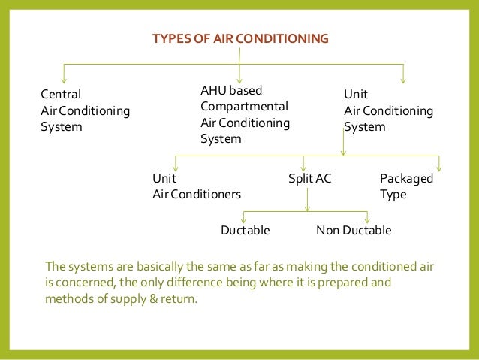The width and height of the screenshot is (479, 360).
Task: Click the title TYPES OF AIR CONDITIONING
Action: tap(240, 38)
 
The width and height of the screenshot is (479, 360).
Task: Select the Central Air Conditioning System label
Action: tap(85, 110)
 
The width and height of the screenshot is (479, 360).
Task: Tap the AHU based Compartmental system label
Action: tap(245, 114)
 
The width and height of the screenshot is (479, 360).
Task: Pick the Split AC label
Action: tap(309, 179)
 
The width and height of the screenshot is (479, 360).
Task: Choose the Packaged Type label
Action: tap(406, 186)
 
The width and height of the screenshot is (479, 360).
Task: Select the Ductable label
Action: tap(245, 230)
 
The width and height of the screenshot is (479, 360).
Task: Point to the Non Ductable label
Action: tap(354, 230)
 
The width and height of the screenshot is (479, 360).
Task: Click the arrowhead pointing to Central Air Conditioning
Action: tap(65, 78)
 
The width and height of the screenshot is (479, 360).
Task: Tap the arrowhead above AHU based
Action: tap(239, 78)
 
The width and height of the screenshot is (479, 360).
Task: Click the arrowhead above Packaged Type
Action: tap(439, 168)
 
